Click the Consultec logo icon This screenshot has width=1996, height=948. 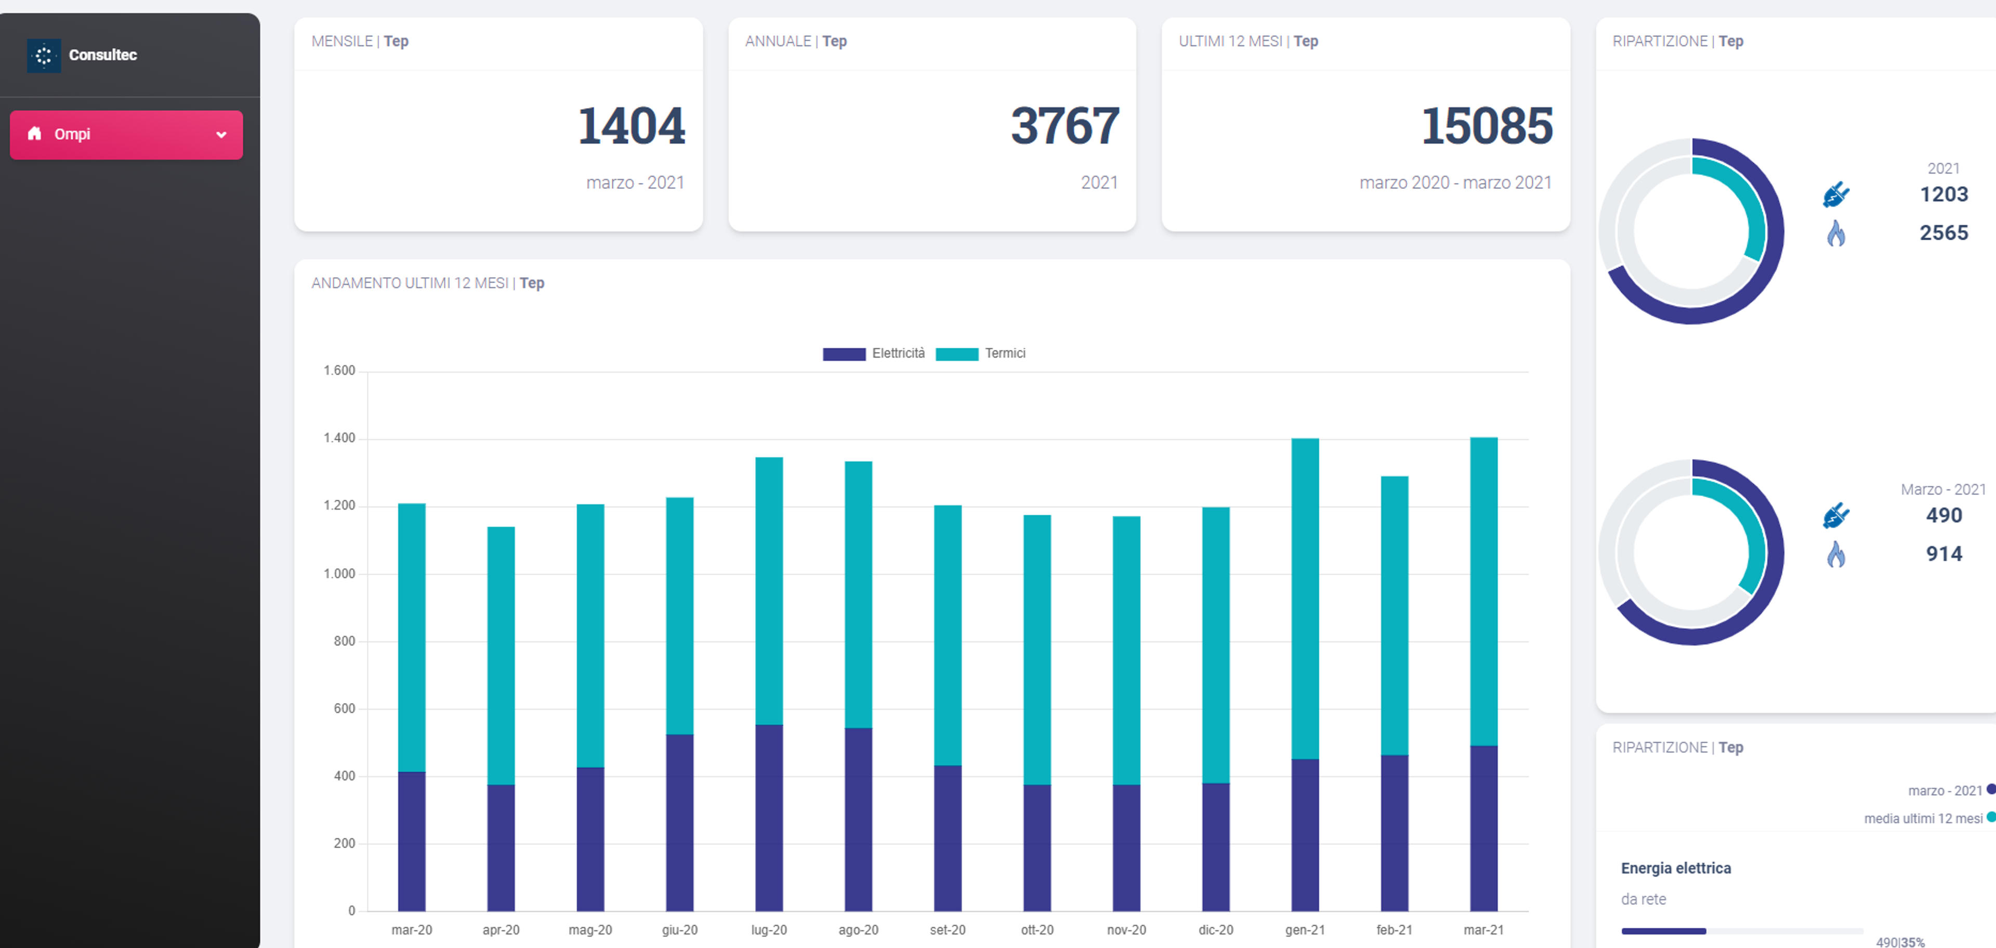coord(43,55)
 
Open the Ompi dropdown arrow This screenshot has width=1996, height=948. coord(221,135)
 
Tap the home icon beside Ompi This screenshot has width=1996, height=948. coord(34,133)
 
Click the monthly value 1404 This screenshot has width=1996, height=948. coord(632,125)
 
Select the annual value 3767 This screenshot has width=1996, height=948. coord(1065,125)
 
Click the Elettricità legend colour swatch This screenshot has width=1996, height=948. coord(844,354)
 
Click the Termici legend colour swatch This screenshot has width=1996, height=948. coord(957,354)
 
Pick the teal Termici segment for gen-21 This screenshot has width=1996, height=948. coord(1305,599)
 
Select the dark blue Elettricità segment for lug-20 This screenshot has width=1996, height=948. coord(769,818)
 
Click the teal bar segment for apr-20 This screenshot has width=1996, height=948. coord(501,656)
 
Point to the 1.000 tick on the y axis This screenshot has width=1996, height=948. coord(339,574)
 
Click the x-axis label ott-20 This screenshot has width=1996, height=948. coord(1037,929)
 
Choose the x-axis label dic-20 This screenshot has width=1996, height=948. coord(1215,929)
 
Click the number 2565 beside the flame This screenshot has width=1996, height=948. coord(1944,232)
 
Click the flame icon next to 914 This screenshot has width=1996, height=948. coord(1835,554)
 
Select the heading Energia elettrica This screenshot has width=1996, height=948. coord(1675,868)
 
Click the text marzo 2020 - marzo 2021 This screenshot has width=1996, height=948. coord(1455,183)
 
